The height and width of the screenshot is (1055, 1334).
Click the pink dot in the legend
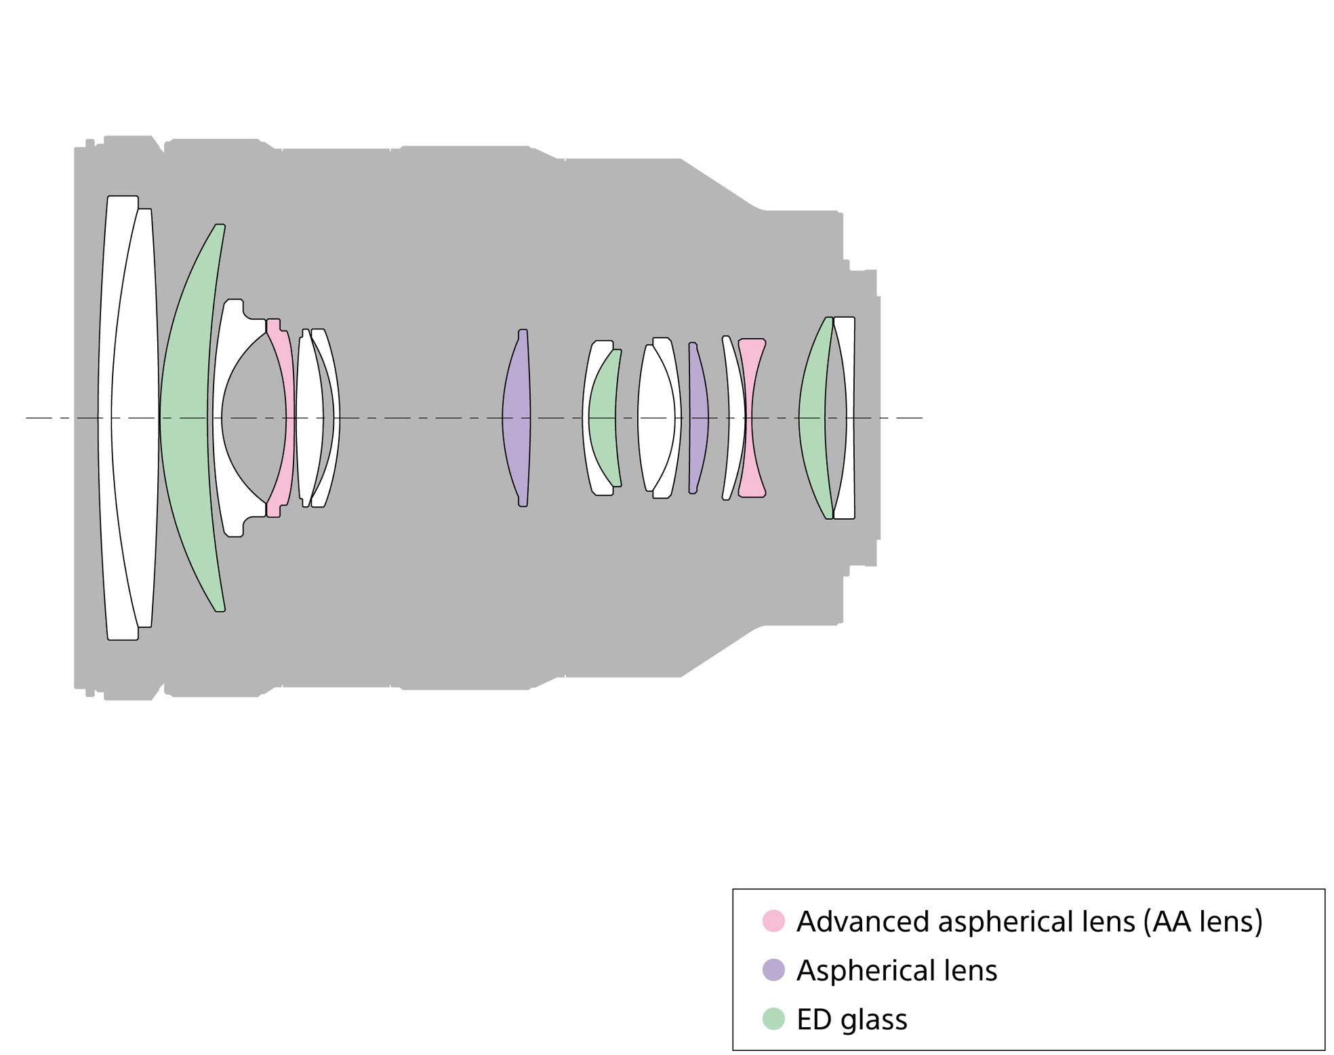(773, 921)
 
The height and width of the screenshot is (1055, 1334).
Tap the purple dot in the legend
(773, 970)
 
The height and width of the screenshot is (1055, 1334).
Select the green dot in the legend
(773, 1018)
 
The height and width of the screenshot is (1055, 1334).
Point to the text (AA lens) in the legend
(1202, 922)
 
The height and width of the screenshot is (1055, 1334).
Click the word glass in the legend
(874, 1020)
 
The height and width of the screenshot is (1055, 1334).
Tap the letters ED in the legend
(814, 1019)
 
